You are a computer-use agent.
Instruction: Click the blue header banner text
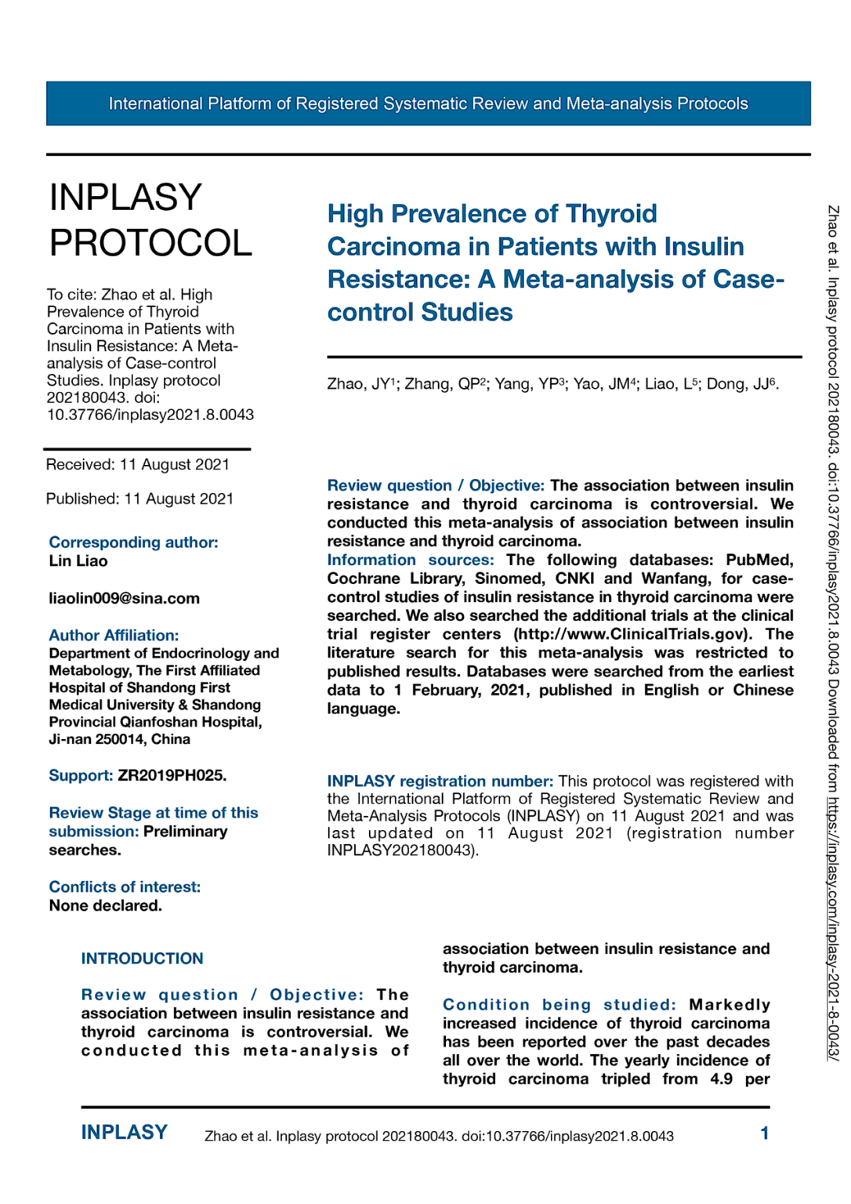(x=428, y=103)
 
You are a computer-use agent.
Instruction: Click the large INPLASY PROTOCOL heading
(x=150, y=220)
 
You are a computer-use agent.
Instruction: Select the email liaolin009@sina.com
(x=124, y=598)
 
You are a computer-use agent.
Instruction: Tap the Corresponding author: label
(x=133, y=542)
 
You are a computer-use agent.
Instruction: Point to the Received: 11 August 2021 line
(x=137, y=464)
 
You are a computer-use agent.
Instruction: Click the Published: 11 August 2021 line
(x=139, y=499)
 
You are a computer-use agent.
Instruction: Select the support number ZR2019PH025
(x=172, y=775)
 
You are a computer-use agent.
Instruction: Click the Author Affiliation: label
(x=114, y=635)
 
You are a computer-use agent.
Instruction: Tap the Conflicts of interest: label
(x=125, y=887)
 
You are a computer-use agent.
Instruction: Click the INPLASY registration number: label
(x=440, y=781)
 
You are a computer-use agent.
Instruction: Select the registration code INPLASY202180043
(x=400, y=850)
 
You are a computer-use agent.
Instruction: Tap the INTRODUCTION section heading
(x=142, y=958)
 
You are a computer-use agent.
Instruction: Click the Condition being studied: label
(x=559, y=1004)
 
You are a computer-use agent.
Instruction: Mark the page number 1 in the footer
(x=764, y=1133)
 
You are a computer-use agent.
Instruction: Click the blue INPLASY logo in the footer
(x=124, y=1132)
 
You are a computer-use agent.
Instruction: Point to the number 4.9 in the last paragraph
(x=721, y=1079)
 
